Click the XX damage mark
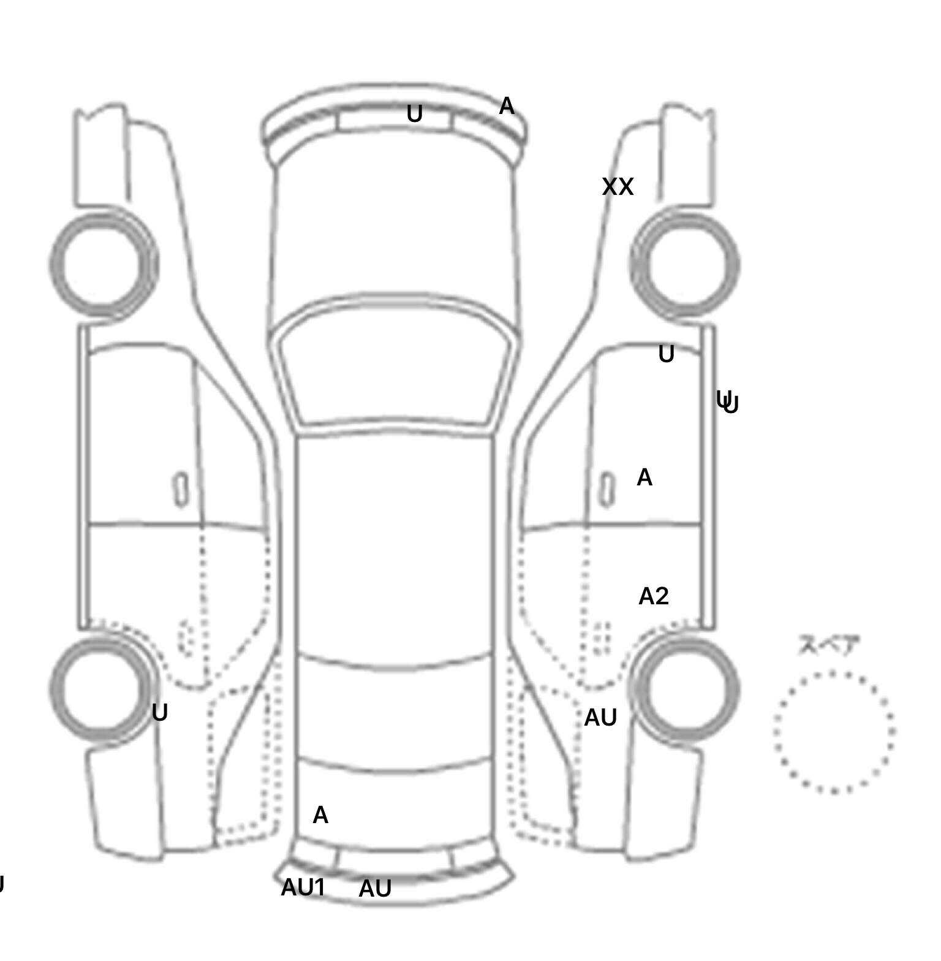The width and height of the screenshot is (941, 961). [x=617, y=187]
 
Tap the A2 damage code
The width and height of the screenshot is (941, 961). [x=653, y=596]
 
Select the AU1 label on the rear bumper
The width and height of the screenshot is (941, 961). [x=303, y=887]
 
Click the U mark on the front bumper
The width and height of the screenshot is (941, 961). [x=415, y=114]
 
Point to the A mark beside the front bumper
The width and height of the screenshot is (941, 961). [x=506, y=107]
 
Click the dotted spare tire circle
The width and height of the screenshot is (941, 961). [x=833, y=732]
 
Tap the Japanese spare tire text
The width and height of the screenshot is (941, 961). [x=820, y=645]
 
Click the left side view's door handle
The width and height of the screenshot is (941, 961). [x=181, y=490]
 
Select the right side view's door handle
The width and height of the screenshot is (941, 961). [x=607, y=490]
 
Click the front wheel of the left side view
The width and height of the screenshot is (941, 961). [x=103, y=265]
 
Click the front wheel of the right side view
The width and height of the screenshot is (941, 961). [x=685, y=265]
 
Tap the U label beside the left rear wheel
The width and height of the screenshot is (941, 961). [x=159, y=713]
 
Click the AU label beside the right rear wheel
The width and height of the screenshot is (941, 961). [x=600, y=718]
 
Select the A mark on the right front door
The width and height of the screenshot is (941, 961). [x=644, y=477]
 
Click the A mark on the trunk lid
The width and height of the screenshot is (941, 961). [x=320, y=815]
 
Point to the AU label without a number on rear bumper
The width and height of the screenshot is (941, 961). [x=375, y=889]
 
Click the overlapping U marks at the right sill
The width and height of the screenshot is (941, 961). [x=728, y=403]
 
